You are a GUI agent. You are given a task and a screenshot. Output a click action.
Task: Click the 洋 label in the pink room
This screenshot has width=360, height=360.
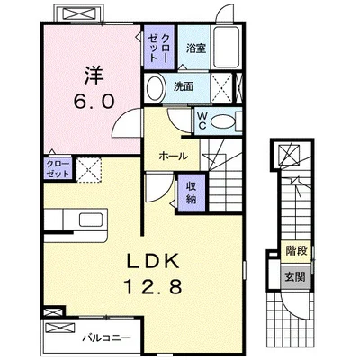pyautogui.click(x=94, y=76)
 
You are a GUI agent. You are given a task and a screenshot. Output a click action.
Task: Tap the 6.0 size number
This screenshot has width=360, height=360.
pyautogui.click(x=94, y=101)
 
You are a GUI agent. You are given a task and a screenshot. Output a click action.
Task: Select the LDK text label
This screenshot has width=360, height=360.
pyautogui.click(x=153, y=260)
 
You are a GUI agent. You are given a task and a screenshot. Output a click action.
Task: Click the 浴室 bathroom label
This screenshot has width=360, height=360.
pyautogui.click(x=196, y=48)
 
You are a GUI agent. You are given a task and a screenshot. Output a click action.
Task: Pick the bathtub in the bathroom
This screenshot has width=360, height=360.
pyautogui.click(x=227, y=47)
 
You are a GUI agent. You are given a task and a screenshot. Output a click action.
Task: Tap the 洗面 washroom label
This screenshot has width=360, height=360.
pyautogui.click(x=183, y=86)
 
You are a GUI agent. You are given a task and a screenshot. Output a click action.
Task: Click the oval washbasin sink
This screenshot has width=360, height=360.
pyautogui.click(x=157, y=87)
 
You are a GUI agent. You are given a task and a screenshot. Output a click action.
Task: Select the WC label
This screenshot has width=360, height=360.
pyautogui.click(x=202, y=121)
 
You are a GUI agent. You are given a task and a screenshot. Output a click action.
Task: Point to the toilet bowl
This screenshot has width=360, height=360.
pyautogui.click(x=222, y=121)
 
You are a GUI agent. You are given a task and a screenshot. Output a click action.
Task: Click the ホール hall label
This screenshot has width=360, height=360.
pyautogui.click(x=174, y=156)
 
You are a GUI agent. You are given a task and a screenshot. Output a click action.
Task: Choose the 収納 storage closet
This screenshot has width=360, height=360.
pyautogui.click(x=192, y=193)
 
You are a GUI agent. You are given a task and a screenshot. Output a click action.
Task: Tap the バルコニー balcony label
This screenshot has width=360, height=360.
pyautogui.click(x=107, y=338)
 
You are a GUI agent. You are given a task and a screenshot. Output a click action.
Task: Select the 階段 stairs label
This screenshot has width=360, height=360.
pyautogui.click(x=297, y=251)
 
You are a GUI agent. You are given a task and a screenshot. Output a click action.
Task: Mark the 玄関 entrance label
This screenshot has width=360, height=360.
pyautogui.click(x=295, y=276)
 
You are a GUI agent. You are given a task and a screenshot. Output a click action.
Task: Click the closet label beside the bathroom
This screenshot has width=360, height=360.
pyautogui.click(x=158, y=48)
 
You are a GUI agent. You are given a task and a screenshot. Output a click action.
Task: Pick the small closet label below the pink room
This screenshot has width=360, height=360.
pyautogui.click(x=58, y=169)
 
